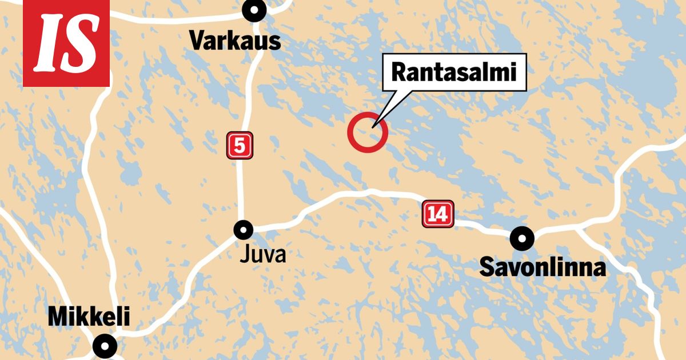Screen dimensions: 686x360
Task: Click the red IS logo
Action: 66,43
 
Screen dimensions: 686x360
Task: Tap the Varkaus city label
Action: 235,41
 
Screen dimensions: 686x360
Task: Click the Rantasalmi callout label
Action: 454,73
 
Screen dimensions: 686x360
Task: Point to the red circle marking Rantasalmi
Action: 368,133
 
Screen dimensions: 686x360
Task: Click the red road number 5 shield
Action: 240,146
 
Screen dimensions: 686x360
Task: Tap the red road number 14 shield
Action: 438,214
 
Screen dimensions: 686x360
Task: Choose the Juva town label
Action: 262,254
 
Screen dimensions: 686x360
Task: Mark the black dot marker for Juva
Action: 243,230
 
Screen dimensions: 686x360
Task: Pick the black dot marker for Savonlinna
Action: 522,237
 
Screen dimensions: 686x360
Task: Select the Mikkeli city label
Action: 89,317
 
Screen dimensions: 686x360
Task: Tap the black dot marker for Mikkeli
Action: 105,345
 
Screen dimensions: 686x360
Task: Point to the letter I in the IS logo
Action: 47,43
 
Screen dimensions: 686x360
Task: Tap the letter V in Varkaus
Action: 197,41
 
